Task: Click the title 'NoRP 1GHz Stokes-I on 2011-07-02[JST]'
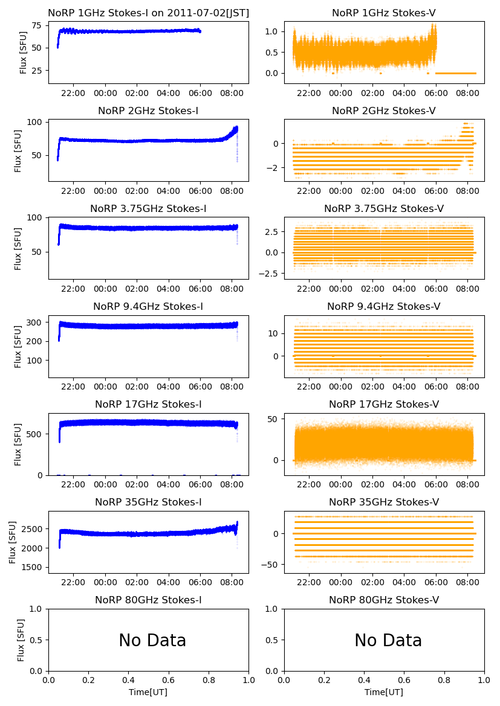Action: pyautogui.click(x=148, y=13)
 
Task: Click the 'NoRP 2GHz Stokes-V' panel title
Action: pyautogui.click(x=384, y=111)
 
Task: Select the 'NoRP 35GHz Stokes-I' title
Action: pyautogui.click(x=148, y=502)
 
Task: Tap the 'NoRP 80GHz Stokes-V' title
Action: pyautogui.click(x=384, y=600)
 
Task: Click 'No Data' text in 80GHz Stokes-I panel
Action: pyautogui.click(x=152, y=640)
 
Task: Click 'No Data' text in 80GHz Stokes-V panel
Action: pyautogui.click(x=388, y=640)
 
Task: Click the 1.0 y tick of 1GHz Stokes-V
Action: pyautogui.click(x=272, y=31)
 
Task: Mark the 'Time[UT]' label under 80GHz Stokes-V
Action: pyautogui.click(x=384, y=692)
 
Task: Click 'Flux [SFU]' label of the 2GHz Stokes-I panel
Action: pyautogui.click(x=18, y=150)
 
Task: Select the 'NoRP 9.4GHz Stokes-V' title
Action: pyautogui.click(x=384, y=306)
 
